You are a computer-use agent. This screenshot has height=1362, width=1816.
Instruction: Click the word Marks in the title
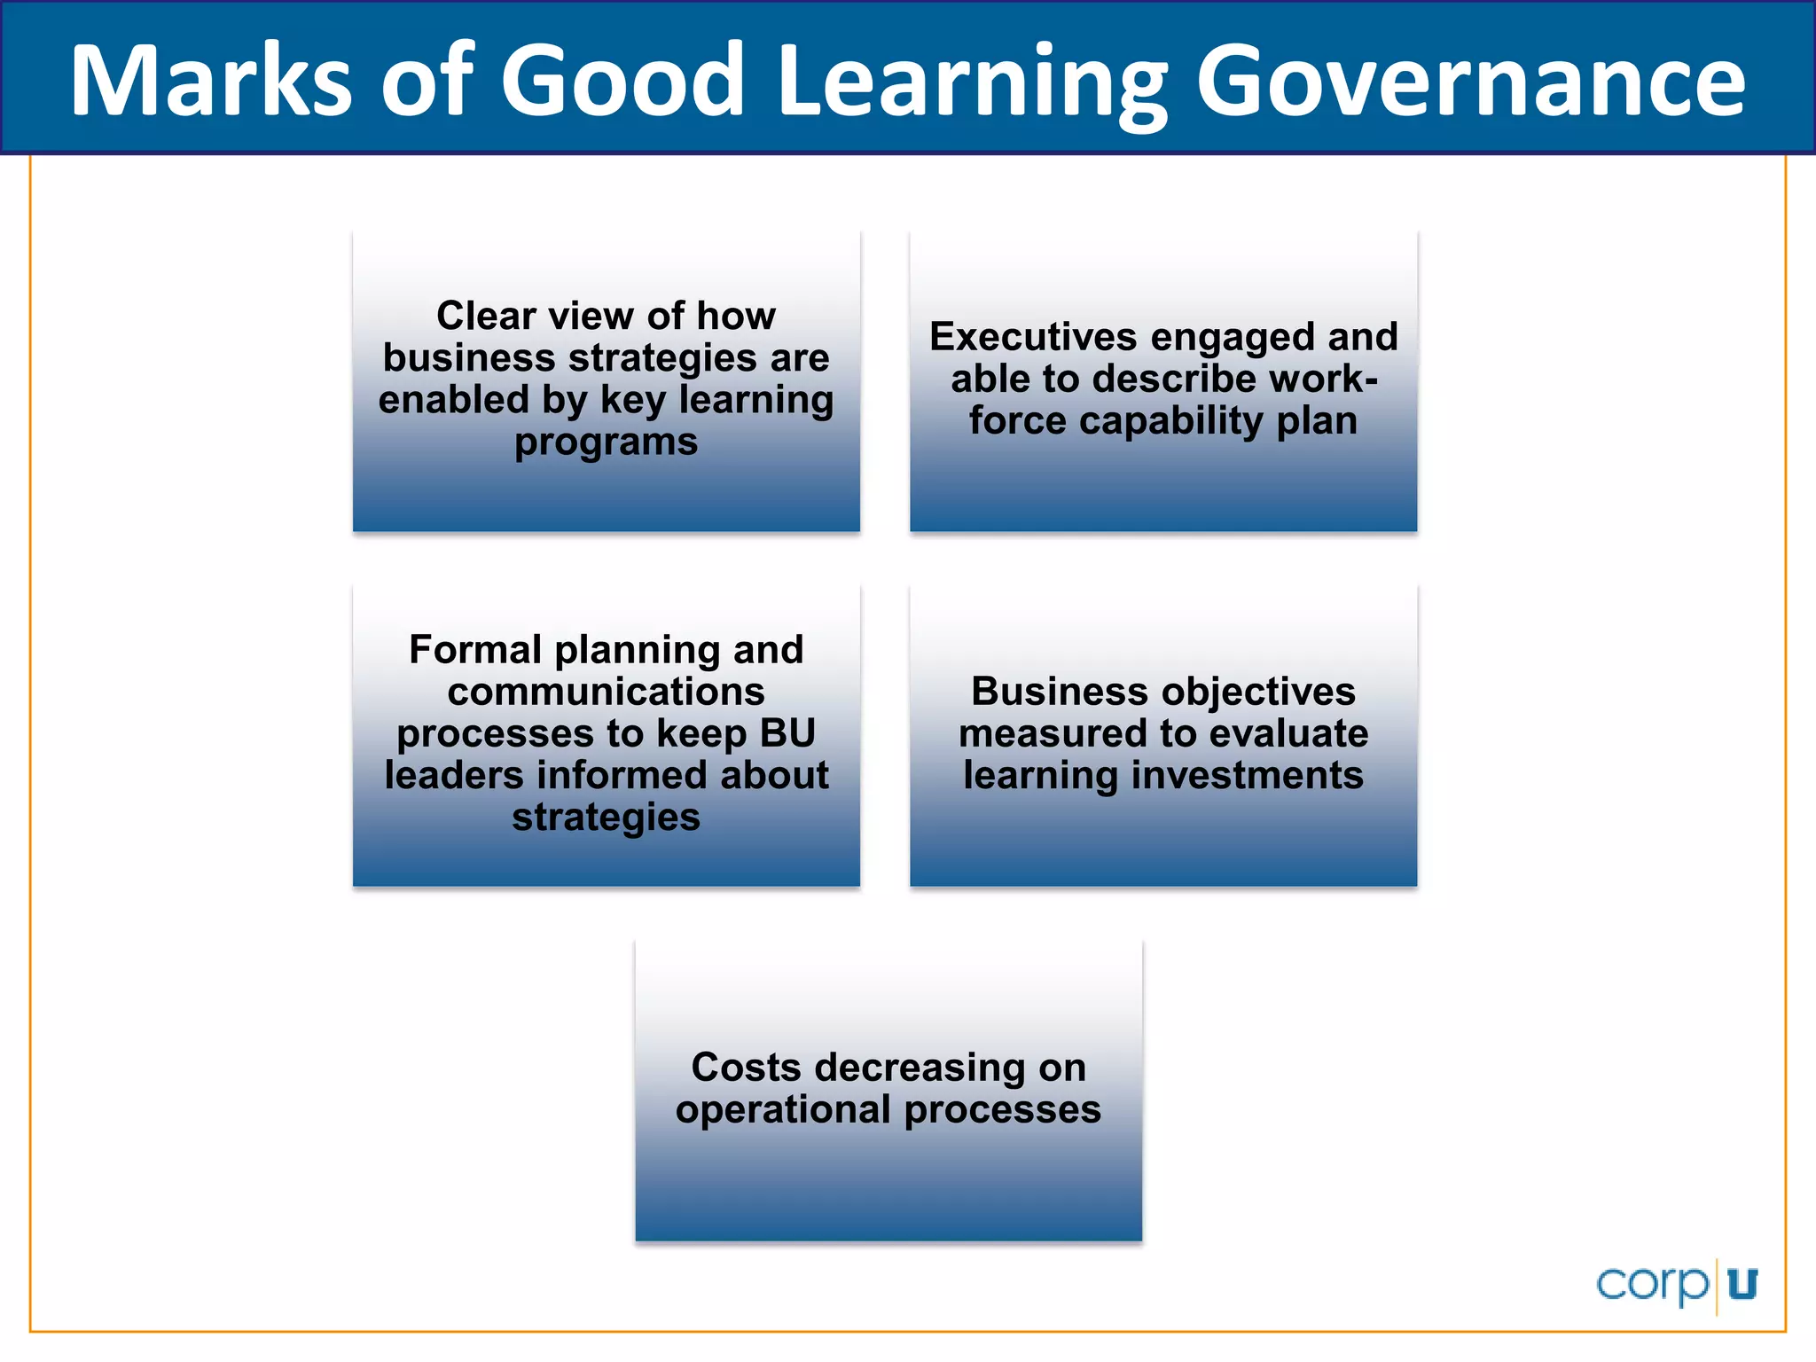pos(213,82)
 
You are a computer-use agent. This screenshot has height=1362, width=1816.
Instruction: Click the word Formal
pos(474,650)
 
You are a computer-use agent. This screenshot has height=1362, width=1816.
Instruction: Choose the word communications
pos(607,692)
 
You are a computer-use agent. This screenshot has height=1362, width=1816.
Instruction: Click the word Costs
pos(747,1068)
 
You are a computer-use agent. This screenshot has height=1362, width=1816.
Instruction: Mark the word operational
pos(783,1110)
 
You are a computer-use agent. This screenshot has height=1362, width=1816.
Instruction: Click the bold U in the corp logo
pos(1742,1284)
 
